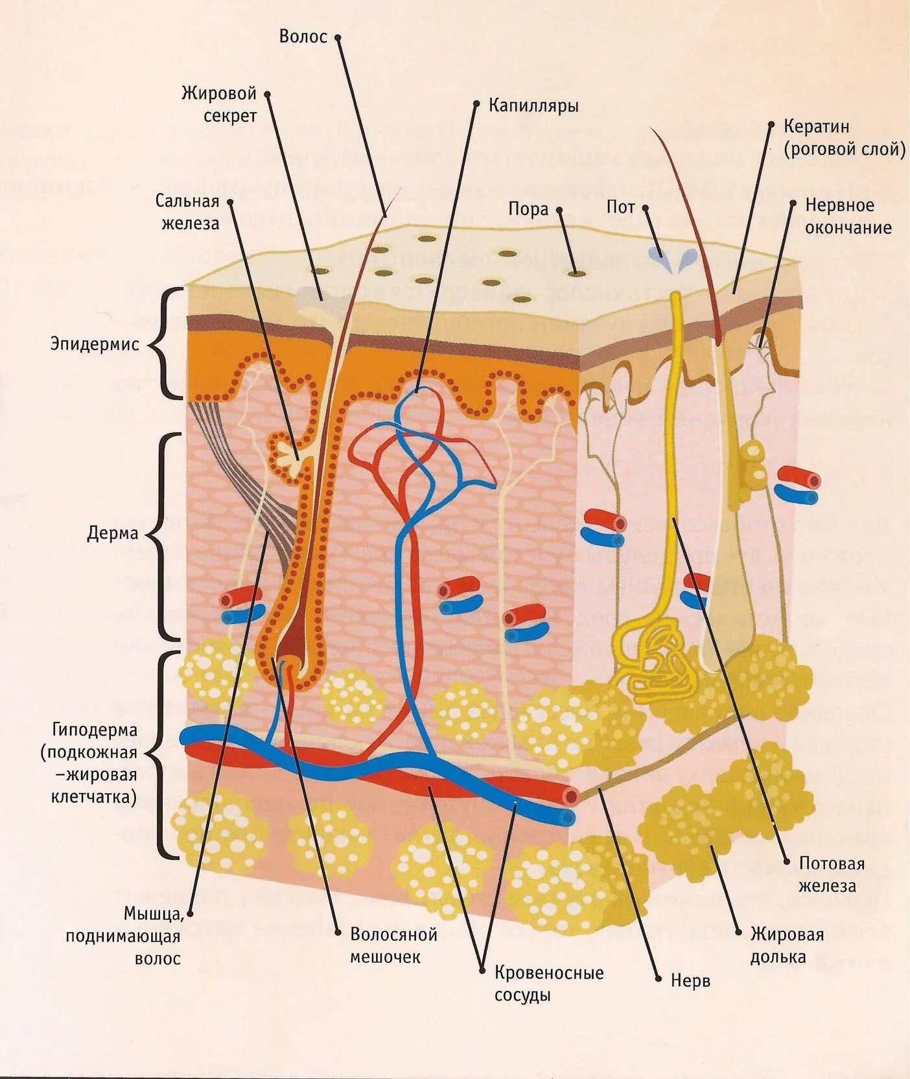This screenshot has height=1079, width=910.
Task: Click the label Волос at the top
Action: point(303,36)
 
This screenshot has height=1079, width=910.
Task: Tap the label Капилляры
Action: point(533,105)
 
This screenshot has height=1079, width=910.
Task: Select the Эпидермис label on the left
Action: point(95,344)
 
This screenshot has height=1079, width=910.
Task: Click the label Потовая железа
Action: point(832,874)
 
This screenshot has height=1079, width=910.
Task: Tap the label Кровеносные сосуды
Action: point(548,983)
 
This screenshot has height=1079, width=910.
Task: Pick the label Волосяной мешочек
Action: point(393,946)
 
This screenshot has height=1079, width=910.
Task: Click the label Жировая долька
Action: point(787,945)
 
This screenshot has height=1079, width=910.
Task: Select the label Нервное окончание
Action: point(848,216)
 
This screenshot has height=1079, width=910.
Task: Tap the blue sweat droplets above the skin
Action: point(671,259)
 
